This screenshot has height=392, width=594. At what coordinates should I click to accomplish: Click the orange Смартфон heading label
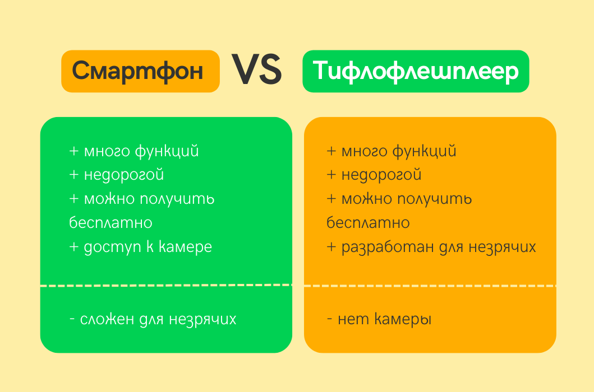click(140, 71)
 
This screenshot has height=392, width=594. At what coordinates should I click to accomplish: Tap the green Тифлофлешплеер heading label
click(416, 71)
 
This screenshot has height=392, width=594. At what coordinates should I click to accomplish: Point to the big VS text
click(257, 71)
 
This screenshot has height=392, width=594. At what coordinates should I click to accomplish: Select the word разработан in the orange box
click(378, 247)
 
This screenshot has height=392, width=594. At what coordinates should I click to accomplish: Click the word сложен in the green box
click(107, 319)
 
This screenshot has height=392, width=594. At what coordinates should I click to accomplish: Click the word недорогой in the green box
click(124, 175)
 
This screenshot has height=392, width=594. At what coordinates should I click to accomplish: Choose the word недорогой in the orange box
click(381, 175)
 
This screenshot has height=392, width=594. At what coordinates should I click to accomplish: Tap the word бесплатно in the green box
click(111, 223)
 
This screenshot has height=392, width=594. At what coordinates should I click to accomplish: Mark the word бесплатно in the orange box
click(368, 223)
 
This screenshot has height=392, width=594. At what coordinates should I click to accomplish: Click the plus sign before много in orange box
click(331, 151)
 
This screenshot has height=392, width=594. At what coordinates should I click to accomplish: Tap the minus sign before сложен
click(72, 320)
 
